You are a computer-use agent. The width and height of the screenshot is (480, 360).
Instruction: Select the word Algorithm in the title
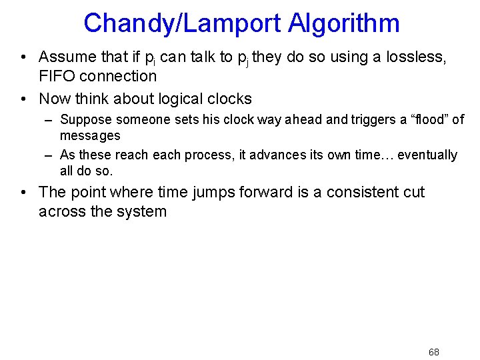tap(344, 23)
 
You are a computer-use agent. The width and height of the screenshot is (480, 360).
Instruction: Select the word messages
tap(90, 135)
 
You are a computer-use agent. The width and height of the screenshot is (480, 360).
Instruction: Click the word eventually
tap(427, 155)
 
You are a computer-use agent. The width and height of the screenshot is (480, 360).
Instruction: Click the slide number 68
tap(433, 352)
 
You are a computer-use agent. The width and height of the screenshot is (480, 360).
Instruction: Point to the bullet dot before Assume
tap(23, 57)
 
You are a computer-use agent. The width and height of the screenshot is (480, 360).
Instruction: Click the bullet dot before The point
tap(23, 193)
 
